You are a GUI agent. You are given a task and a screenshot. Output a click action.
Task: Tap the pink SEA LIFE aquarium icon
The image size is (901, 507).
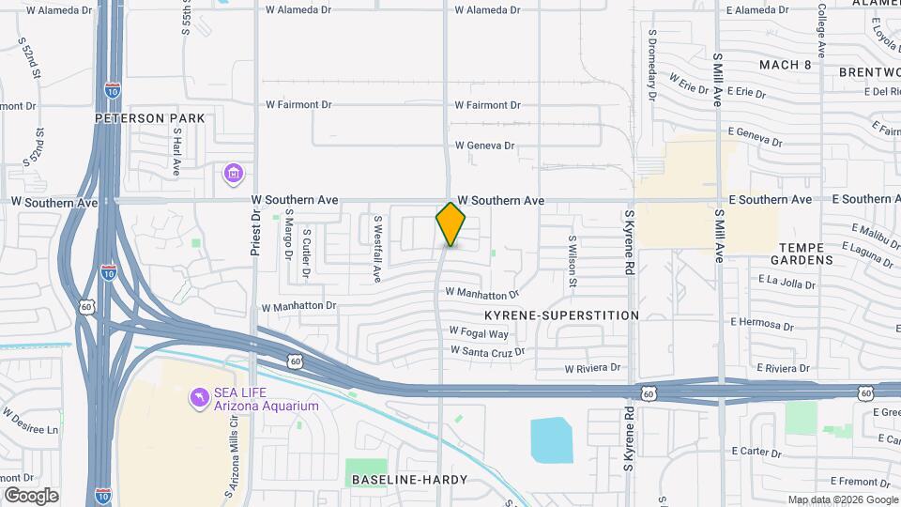tap(198, 399)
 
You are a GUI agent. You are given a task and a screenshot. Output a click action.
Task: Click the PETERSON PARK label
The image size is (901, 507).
tap(149, 118)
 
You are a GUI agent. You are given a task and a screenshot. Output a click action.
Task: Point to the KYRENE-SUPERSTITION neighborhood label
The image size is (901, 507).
tap(561, 315)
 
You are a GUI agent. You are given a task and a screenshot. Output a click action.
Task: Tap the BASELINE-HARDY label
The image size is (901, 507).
tap(409, 480)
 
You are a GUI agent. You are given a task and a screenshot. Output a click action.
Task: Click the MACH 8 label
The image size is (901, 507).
tap(786, 65)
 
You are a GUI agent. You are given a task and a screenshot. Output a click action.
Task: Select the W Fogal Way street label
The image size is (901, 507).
tap(479, 332)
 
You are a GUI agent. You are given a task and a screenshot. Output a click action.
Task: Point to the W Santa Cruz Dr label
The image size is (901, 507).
tap(487, 350)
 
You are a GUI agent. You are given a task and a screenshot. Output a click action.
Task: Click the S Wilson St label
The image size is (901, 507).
tap(570, 254)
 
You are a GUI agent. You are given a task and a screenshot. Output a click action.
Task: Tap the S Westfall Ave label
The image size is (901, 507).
tap(377, 249)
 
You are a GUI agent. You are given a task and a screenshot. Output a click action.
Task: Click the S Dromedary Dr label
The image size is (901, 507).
tap(651, 63)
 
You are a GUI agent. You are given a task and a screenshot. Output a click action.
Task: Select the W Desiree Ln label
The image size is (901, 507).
tap(30, 420)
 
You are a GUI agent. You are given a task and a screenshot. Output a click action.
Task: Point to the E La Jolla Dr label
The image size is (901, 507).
tap(790, 280)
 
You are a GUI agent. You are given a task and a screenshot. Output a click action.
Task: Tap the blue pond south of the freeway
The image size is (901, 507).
tap(551, 439)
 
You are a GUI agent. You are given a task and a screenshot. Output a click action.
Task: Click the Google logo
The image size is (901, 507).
tap(31, 496)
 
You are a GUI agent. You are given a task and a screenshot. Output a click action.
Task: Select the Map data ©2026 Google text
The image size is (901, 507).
tap(843, 499)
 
